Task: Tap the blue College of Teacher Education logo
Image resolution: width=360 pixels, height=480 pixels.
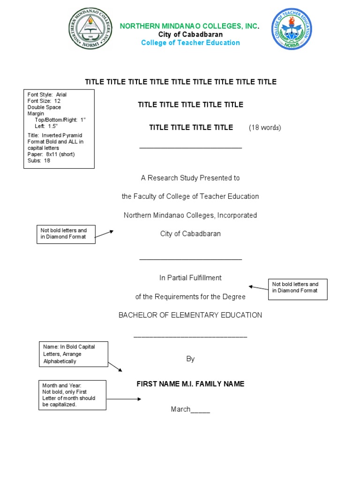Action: point(292,29)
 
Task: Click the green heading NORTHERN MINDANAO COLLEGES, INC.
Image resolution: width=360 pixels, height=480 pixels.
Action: point(189,26)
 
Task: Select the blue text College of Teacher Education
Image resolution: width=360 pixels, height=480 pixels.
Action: point(190,43)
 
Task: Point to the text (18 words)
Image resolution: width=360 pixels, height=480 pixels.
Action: point(265,127)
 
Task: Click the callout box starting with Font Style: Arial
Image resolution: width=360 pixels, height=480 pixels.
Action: point(59,128)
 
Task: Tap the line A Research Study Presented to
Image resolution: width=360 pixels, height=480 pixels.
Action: point(190,178)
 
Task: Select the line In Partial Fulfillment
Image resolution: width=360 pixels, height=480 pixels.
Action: point(190,278)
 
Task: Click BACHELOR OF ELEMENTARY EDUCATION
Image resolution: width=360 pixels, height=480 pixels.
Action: point(190,315)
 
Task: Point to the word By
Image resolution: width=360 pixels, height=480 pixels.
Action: point(190,359)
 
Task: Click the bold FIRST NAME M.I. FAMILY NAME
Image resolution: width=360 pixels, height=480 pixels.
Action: point(190,384)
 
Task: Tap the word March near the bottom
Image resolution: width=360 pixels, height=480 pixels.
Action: point(180,409)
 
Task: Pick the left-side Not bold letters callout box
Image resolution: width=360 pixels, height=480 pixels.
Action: point(66,234)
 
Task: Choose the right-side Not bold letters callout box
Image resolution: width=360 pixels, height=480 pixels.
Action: point(297,289)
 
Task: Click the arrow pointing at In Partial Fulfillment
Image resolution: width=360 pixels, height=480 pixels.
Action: point(258,287)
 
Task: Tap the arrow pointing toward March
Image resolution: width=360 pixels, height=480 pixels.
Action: point(124,399)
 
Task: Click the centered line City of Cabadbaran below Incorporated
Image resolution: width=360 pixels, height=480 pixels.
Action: point(190,234)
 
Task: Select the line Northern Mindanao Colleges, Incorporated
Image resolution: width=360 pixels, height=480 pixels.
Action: point(190,215)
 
